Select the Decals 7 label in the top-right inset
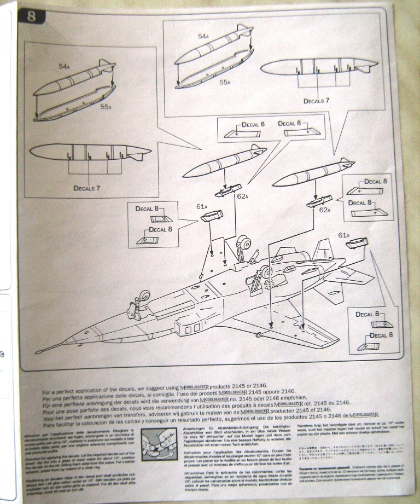(x=317, y=101)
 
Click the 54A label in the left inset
(x=64, y=66)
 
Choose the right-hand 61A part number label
(x=344, y=235)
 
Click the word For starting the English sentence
(x=46, y=386)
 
